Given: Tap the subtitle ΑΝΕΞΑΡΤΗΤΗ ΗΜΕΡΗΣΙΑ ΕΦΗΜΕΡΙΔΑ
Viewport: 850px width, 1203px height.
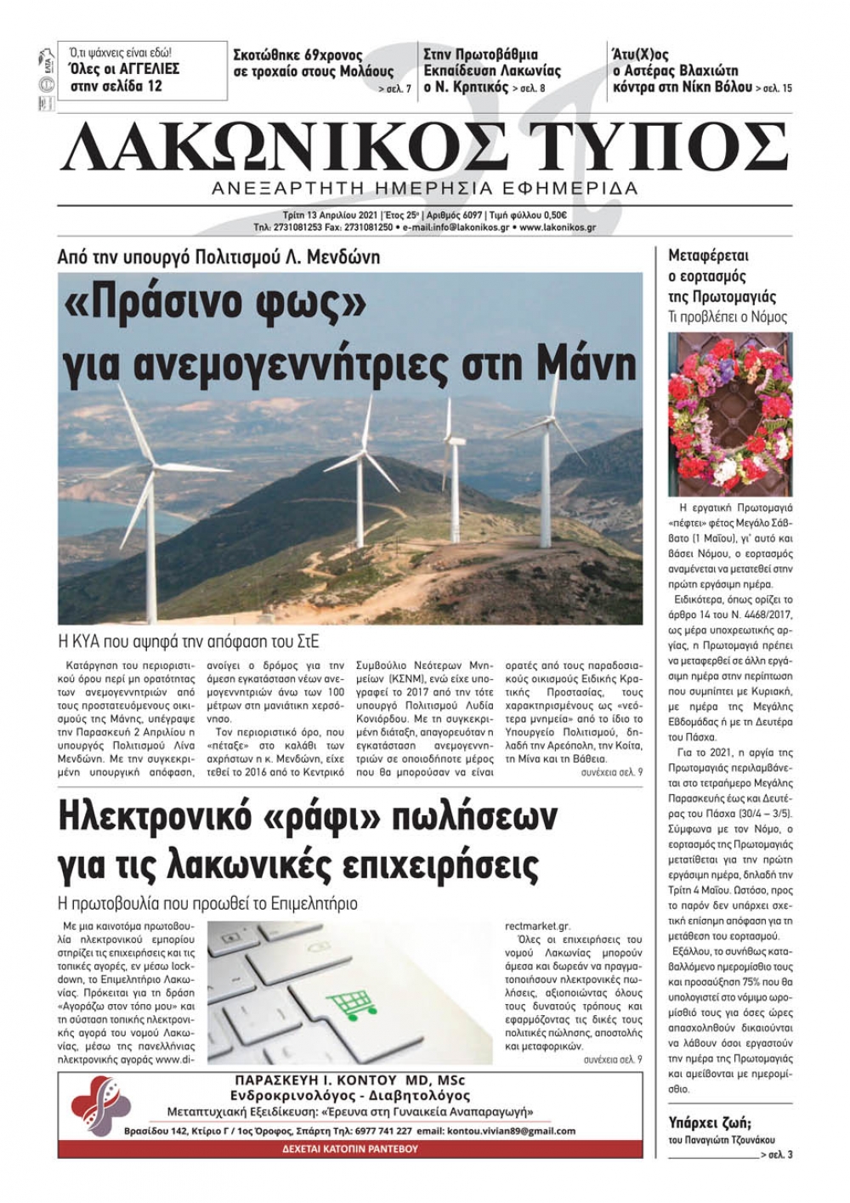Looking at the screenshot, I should pos(425,188).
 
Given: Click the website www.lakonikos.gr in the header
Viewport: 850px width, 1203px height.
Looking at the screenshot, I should pos(557,228).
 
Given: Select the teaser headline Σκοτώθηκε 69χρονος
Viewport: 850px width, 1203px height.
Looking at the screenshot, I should pos(297,55).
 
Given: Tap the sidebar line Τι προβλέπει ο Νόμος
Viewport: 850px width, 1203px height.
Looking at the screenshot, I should pos(728,317).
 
